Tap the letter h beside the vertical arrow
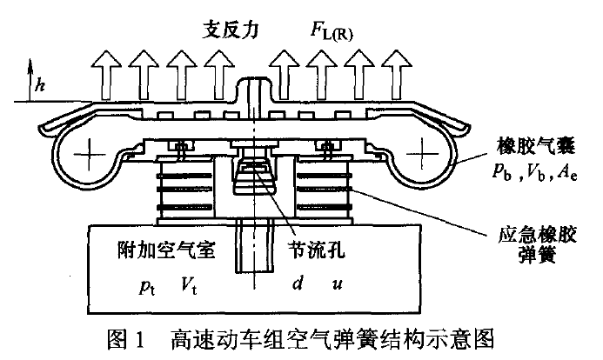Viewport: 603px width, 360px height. coord(39,85)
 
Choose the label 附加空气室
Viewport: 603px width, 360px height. coord(165,250)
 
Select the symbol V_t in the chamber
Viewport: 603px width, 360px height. coord(189,284)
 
